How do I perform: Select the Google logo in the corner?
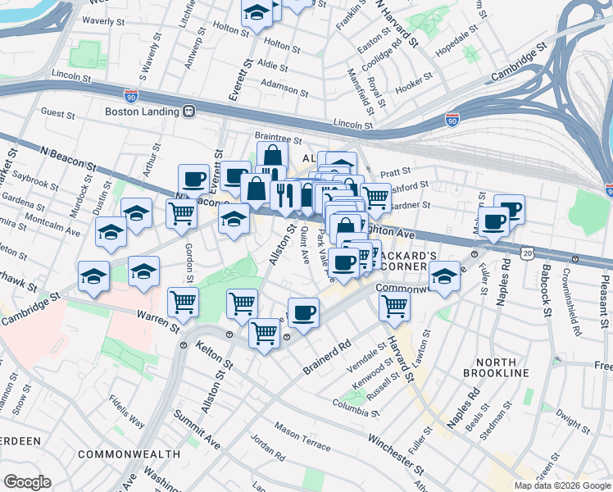coord(27,482)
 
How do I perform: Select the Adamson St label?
coord(284,84)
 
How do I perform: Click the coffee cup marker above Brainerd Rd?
coord(304,312)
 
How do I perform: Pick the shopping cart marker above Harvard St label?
coord(395,306)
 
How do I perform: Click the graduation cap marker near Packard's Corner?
coord(444,276)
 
